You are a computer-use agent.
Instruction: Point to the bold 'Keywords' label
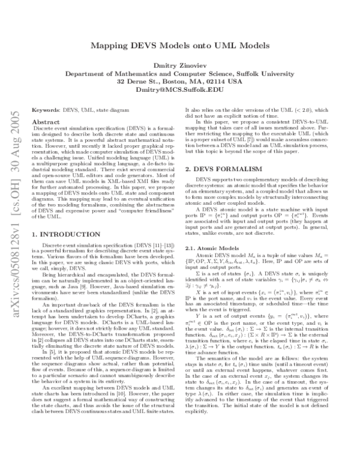[46, 110]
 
